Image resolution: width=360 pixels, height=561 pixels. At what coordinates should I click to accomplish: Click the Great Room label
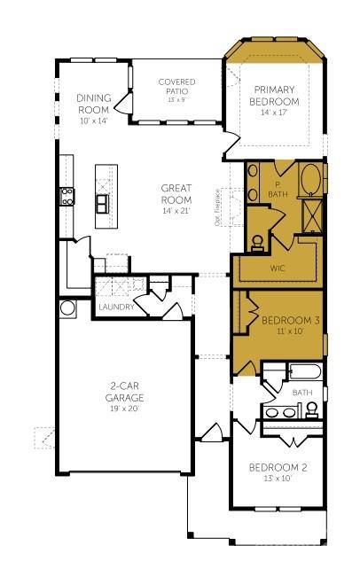coord(176,193)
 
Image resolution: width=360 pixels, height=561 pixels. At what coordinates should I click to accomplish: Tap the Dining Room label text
coord(92,104)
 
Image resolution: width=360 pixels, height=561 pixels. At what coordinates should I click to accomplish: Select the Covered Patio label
coord(176,87)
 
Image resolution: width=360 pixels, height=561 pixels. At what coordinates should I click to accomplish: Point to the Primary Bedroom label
coord(277,96)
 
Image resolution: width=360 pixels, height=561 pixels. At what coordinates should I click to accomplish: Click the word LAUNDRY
coord(116,307)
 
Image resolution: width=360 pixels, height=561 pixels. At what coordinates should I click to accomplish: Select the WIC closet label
coord(275,266)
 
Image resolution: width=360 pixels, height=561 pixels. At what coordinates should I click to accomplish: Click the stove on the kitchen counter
coord(66,196)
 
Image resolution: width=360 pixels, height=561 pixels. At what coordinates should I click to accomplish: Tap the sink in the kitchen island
coord(103,204)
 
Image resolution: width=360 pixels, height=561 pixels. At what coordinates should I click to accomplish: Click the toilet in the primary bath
coord(257,239)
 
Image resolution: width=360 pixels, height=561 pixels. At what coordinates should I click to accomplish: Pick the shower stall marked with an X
coord(312,214)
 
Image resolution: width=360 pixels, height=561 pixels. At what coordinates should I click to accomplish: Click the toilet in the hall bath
coord(312,409)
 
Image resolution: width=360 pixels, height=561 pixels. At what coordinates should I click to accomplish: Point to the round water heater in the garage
coord(67,308)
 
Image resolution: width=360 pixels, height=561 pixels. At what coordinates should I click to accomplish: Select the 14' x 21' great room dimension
coord(176,211)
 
